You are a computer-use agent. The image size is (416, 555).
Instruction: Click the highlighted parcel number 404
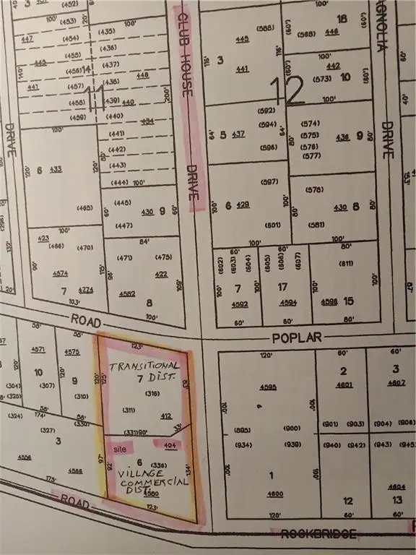(169, 447)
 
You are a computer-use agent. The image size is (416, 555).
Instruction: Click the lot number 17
(284, 287)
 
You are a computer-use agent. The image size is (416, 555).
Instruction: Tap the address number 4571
(38, 350)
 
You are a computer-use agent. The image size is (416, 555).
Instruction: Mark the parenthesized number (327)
(48, 431)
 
